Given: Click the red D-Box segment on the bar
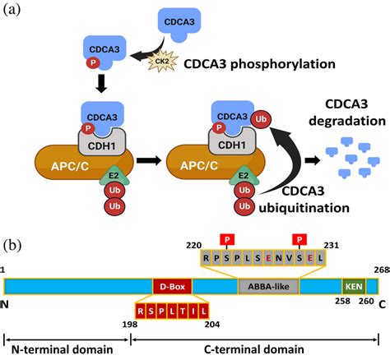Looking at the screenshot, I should pos(171,286).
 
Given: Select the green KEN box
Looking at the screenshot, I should pos(353,286).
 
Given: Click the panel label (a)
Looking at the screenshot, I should pos(16,13).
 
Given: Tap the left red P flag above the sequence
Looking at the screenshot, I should pos(223,239).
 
